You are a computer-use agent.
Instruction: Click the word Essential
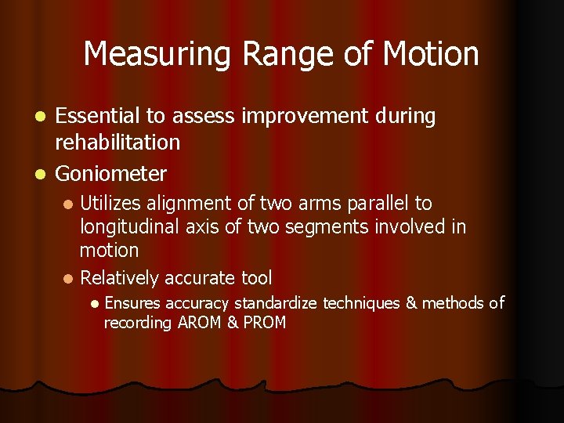tap(94, 117)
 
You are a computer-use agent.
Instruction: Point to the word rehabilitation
tap(117, 143)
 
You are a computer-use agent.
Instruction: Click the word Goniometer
tap(110, 173)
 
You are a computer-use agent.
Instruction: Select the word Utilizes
tap(110, 204)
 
